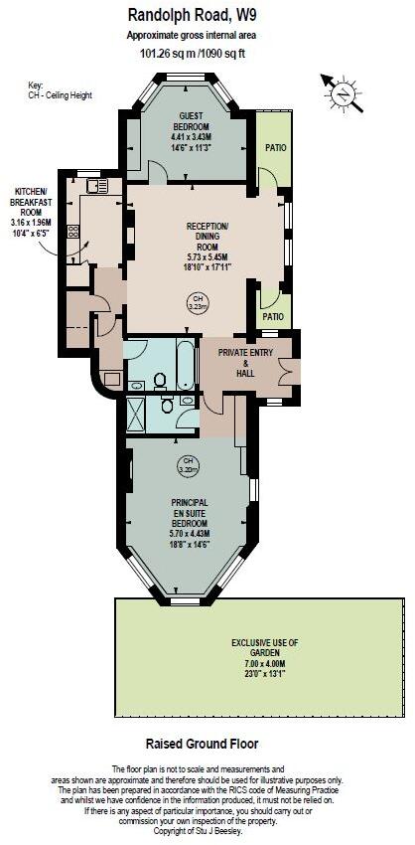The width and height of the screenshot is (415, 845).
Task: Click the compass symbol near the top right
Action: pyautogui.click(x=342, y=93)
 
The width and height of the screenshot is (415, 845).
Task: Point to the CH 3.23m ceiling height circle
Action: pyautogui.click(x=197, y=303)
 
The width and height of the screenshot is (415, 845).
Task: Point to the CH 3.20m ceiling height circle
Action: pyautogui.click(x=187, y=464)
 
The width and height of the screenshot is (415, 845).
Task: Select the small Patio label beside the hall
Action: pyautogui.click(x=274, y=317)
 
